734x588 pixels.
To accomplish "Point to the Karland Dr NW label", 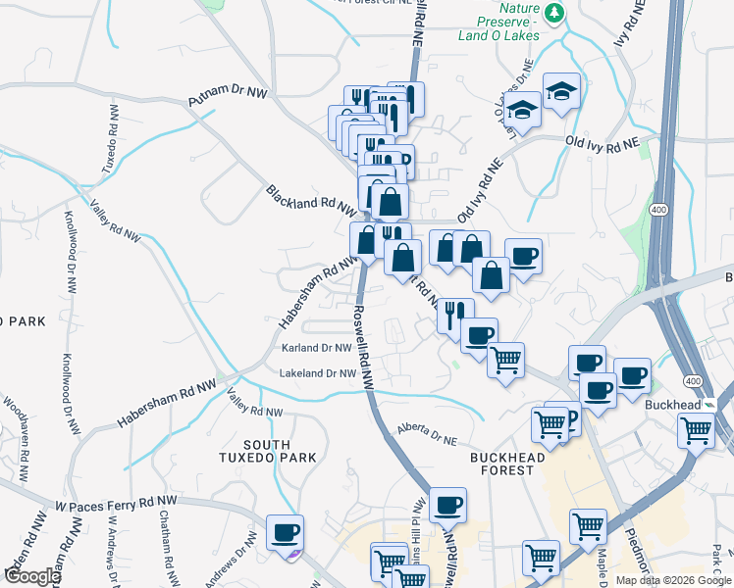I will coord(316,348).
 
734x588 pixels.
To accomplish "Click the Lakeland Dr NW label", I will coord(316,373).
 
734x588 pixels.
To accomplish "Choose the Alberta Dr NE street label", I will coord(430,433).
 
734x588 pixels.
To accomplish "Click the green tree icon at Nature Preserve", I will coord(555,12).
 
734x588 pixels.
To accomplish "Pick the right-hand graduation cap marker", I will coord(562,91).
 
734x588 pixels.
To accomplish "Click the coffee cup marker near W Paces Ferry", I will coord(285,532).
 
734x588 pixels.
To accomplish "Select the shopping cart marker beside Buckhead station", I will coord(696,428).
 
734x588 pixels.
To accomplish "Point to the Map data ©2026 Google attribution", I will coord(673,580).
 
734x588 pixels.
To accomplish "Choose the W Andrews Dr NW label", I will coord(113,558).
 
